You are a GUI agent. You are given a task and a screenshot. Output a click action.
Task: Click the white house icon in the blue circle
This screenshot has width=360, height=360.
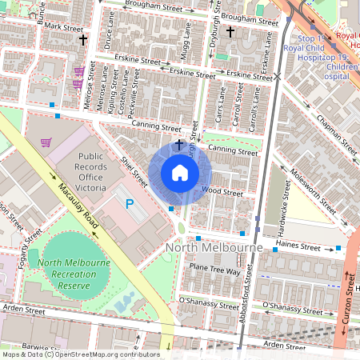click(x=180, y=173)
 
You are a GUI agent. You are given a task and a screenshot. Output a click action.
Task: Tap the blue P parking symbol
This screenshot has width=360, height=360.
click(x=130, y=206)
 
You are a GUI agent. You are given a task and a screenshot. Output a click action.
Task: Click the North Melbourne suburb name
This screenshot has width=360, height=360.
click(x=214, y=249)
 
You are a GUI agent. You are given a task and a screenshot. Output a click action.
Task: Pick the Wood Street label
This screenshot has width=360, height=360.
click(x=222, y=192)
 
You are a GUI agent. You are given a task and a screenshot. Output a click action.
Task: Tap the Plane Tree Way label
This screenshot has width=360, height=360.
click(x=214, y=270)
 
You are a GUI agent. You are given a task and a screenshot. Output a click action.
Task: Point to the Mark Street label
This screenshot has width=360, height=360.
click(x=64, y=26)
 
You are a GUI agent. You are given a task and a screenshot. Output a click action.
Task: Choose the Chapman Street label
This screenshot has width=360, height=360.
click(x=336, y=133)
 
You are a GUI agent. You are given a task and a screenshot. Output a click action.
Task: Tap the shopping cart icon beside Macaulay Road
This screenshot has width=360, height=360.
click(x=46, y=143)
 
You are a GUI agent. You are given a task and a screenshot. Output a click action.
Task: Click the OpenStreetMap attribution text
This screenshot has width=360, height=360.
click(x=80, y=354)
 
